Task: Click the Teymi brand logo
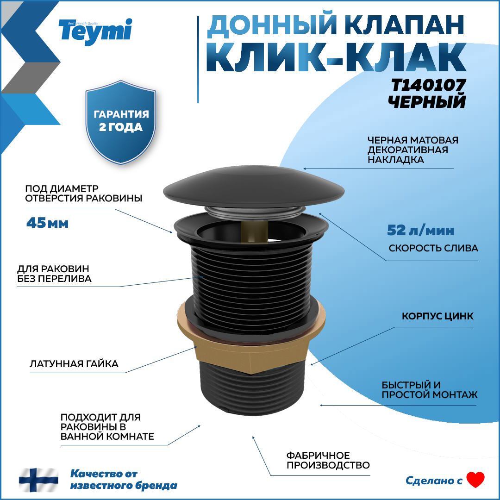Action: [95, 30]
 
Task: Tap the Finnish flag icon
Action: [38, 480]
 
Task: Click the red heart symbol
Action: [475, 480]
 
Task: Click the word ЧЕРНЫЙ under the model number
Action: [426, 101]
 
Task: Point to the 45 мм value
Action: [47, 223]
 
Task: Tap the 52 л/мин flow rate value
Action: [420, 230]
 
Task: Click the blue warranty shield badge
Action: [121, 121]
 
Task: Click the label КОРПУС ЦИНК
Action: [437, 317]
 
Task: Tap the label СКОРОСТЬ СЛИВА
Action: [433, 248]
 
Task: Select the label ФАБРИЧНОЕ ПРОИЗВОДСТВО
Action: [328, 460]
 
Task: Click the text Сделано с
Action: [434, 481]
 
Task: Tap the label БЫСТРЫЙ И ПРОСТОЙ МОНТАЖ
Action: [429, 390]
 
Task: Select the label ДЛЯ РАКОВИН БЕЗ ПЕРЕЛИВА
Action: [54, 274]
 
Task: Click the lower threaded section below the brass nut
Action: [252, 394]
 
